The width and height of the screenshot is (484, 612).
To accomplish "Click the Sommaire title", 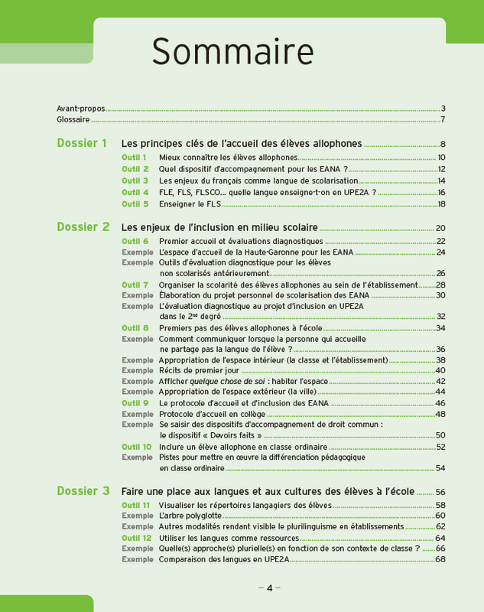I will (x=232, y=52).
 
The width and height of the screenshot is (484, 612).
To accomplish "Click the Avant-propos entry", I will (x=81, y=108).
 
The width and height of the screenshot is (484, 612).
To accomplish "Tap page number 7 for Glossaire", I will (x=443, y=119).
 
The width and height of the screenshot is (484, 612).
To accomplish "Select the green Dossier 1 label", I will (x=82, y=143).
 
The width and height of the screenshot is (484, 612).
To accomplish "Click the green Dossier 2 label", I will (x=83, y=227).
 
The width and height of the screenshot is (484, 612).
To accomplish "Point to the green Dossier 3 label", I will (x=83, y=491).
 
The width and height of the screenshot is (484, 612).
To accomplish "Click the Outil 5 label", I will (x=135, y=204).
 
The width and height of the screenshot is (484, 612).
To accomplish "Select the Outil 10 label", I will (x=136, y=447).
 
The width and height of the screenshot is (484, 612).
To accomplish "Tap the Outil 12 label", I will (x=136, y=538).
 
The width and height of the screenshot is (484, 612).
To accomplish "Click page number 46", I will (x=440, y=403).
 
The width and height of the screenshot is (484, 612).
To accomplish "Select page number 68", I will (x=440, y=559).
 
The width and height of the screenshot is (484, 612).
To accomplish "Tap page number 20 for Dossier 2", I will (x=440, y=228).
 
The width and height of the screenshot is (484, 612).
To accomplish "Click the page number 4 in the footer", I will (x=269, y=588).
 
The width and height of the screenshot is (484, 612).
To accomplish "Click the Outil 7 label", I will (x=135, y=285).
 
